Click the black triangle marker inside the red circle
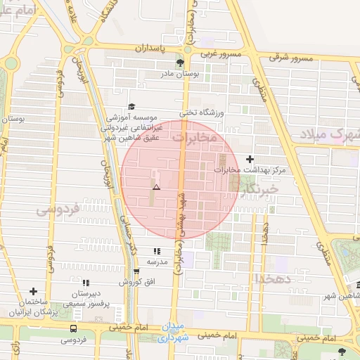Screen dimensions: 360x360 pos(156,188)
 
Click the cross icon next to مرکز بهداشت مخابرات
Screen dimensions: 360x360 pos(250,159)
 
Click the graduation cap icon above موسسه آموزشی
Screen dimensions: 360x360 pos(131,107)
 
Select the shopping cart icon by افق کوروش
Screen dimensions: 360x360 pos(136,271)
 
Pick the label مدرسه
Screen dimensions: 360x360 pos(156,262)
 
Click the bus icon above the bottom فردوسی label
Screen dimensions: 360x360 pos(73,328)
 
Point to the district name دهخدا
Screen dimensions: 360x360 pos(279,278)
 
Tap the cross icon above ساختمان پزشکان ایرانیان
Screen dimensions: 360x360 pos(33,291)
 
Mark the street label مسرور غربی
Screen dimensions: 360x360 pos(220,53)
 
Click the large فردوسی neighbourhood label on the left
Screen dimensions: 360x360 pos(56,210)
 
